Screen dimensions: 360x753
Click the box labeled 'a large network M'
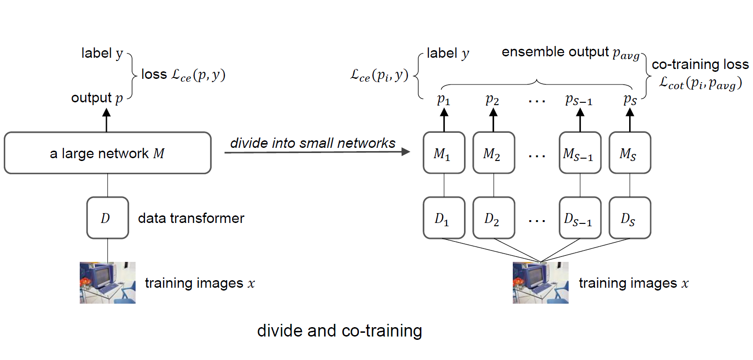coord(107,153)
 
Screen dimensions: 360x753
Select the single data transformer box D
coord(107,218)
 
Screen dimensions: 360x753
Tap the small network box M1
coord(444,153)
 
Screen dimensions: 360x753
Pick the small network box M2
coord(494,153)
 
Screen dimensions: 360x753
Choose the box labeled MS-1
coord(580,153)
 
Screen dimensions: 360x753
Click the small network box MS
coord(630,153)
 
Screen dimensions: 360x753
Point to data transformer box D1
coord(444,218)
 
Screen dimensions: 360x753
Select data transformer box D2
coord(494,218)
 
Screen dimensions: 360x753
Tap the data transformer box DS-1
coord(580,218)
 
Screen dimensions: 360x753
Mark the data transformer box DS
coord(630,218)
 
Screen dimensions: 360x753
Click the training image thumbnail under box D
coord(107,283)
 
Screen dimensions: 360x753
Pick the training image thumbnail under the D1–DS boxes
coord(540,283)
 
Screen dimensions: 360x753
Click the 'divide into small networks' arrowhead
coord(406,151)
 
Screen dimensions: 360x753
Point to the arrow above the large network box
coord(106,120)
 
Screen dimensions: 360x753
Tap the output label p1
coord(443,100)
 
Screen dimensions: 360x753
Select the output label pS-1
coord(578,100)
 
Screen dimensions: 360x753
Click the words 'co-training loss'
coord(700,64)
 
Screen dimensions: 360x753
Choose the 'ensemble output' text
coord(555,52)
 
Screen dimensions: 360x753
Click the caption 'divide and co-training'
coord(339,330)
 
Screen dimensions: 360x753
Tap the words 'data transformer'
coord(191,218)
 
